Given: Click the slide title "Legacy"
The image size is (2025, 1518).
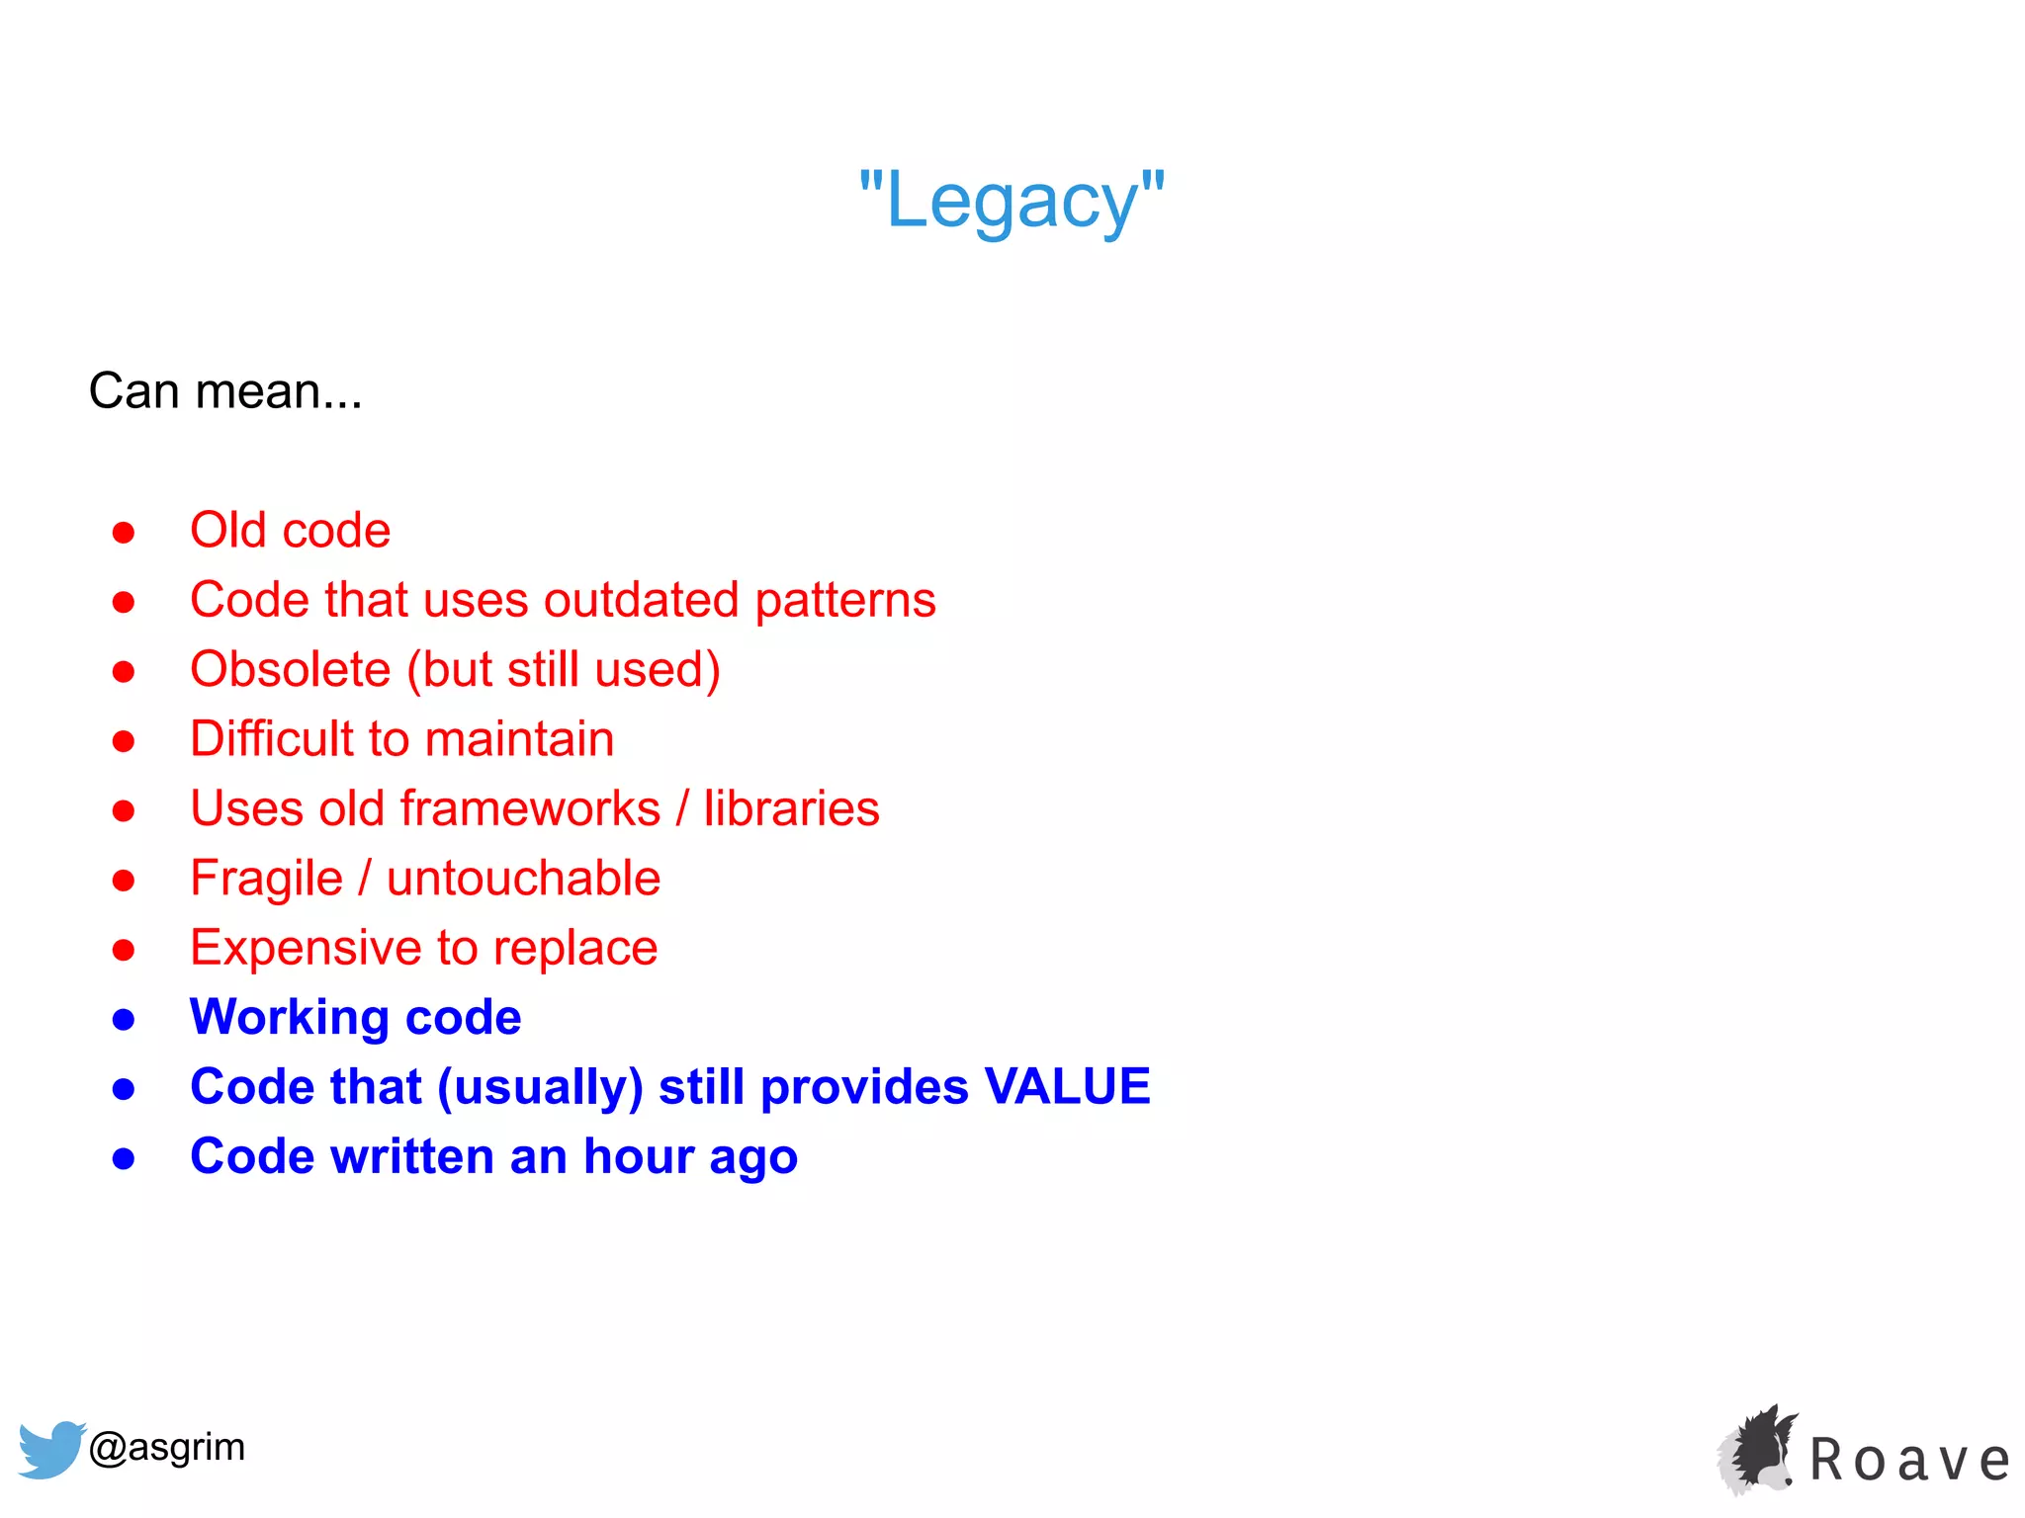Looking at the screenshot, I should [1012, 201].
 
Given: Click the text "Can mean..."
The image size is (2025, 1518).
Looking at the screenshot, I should [225, 391].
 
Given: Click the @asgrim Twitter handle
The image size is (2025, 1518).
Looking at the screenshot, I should [166, 1447].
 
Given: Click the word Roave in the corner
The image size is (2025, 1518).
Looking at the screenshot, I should [1909, 1460].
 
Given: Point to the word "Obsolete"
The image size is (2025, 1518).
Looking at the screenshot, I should [291, 669].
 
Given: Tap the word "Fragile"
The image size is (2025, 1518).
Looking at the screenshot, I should [266, 879].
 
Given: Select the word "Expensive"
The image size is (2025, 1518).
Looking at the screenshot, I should [306, 948].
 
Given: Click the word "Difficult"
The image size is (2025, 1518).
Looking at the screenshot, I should [271, 739].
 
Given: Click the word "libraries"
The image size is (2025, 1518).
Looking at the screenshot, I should [791, 808].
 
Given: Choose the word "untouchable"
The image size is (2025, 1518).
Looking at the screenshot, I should [523, 879].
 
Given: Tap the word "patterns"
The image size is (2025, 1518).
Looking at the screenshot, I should [845, 601].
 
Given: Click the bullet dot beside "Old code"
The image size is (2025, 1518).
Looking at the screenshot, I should [124, 533].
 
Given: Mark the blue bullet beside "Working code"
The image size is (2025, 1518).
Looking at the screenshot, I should [124, 1019].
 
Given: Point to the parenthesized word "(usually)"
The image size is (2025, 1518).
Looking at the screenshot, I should [540, 1088].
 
